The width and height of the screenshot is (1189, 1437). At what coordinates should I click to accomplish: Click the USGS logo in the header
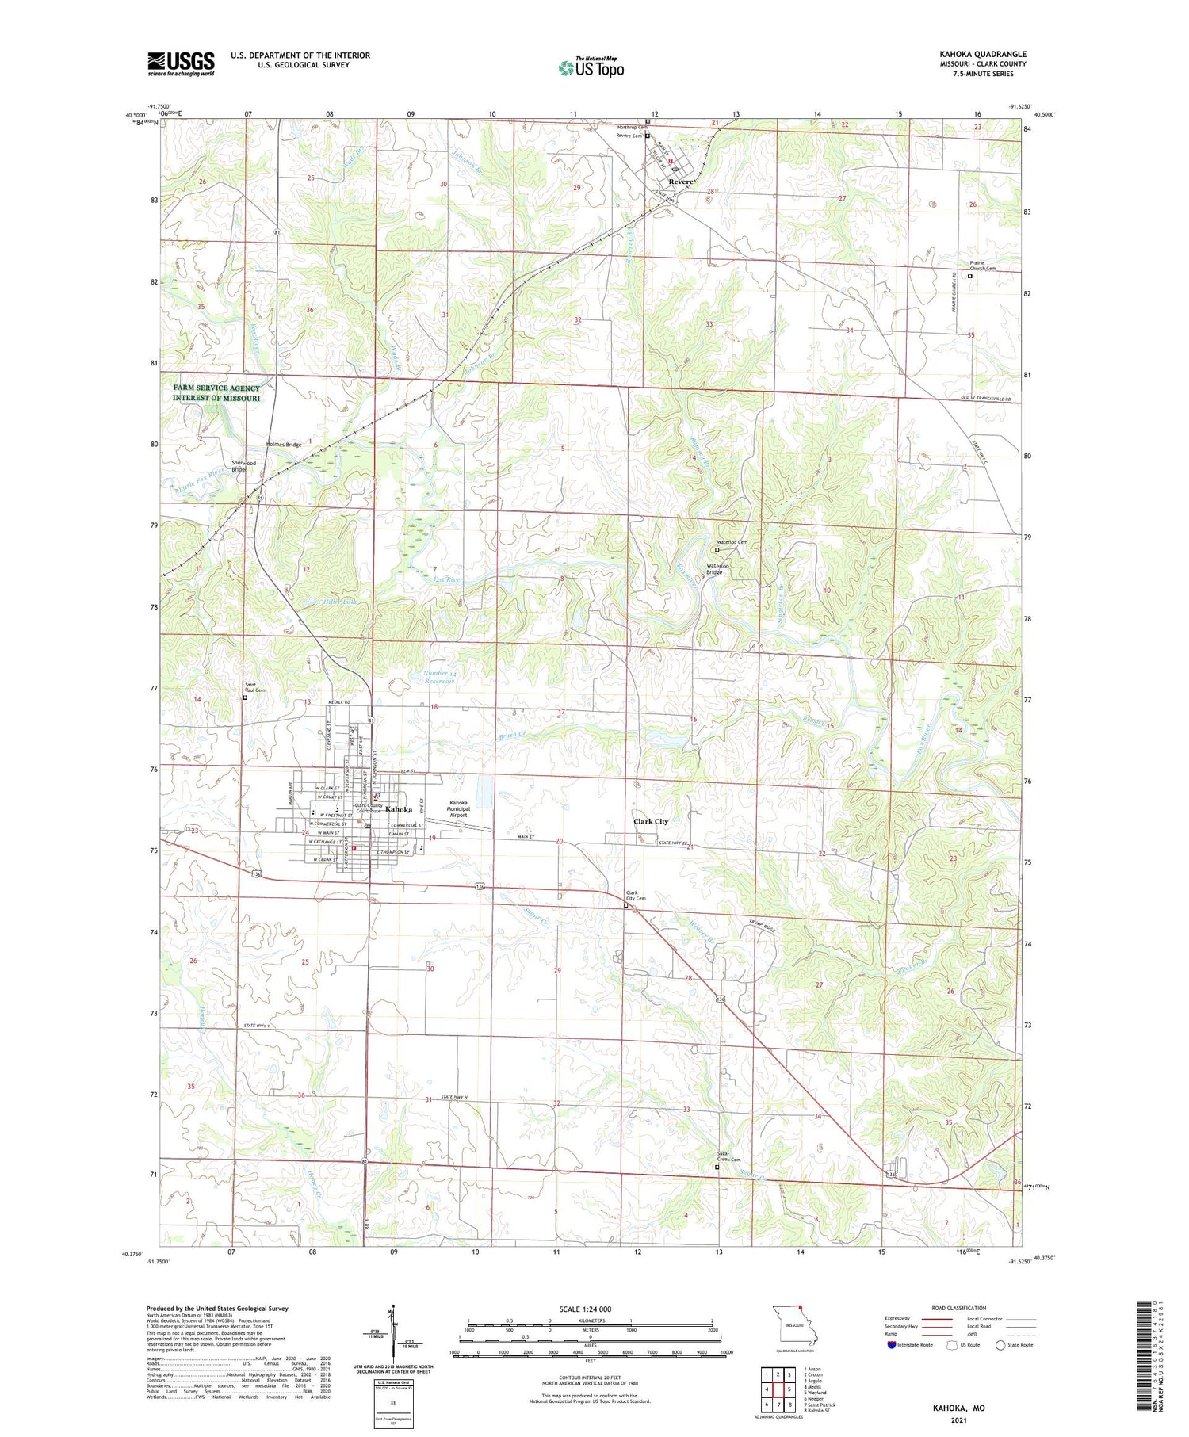point(181,63)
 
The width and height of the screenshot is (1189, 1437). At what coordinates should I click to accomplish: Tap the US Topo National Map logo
point(591,67)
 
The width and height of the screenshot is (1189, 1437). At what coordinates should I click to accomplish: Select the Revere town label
point(681,182)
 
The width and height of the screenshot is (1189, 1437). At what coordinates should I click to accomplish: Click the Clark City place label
point(651,822)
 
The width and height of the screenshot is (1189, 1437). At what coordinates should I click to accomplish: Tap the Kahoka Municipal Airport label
point(458,808)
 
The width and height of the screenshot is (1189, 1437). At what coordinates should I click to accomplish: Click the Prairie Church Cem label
point(982,266)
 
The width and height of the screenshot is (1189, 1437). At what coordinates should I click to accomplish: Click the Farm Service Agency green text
point(216,393)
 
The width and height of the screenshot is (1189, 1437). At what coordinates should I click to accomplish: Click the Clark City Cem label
point(636,895)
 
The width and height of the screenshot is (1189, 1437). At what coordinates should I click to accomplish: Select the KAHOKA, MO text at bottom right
point(958,1408)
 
